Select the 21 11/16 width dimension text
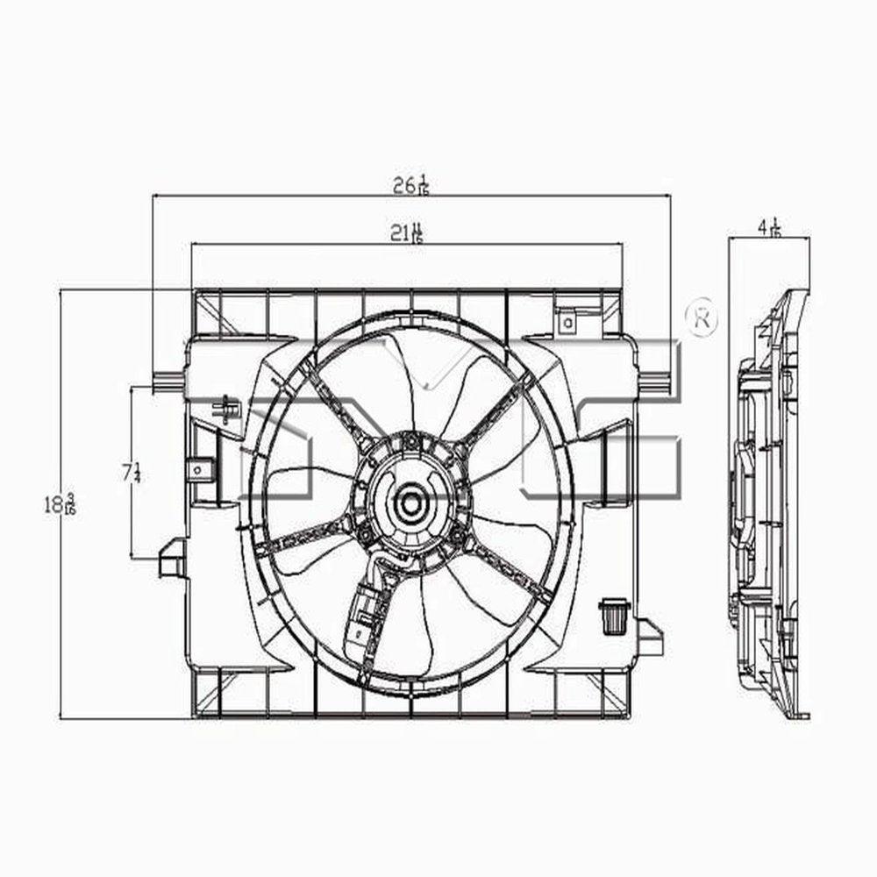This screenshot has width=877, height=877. [407, 233]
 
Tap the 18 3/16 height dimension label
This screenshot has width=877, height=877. [61, 504]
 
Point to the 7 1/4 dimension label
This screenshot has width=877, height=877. [132, 472]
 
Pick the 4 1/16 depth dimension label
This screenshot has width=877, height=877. [769, 227]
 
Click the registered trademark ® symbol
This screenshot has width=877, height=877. [702, 320]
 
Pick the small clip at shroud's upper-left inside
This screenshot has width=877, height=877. [229, 409]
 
